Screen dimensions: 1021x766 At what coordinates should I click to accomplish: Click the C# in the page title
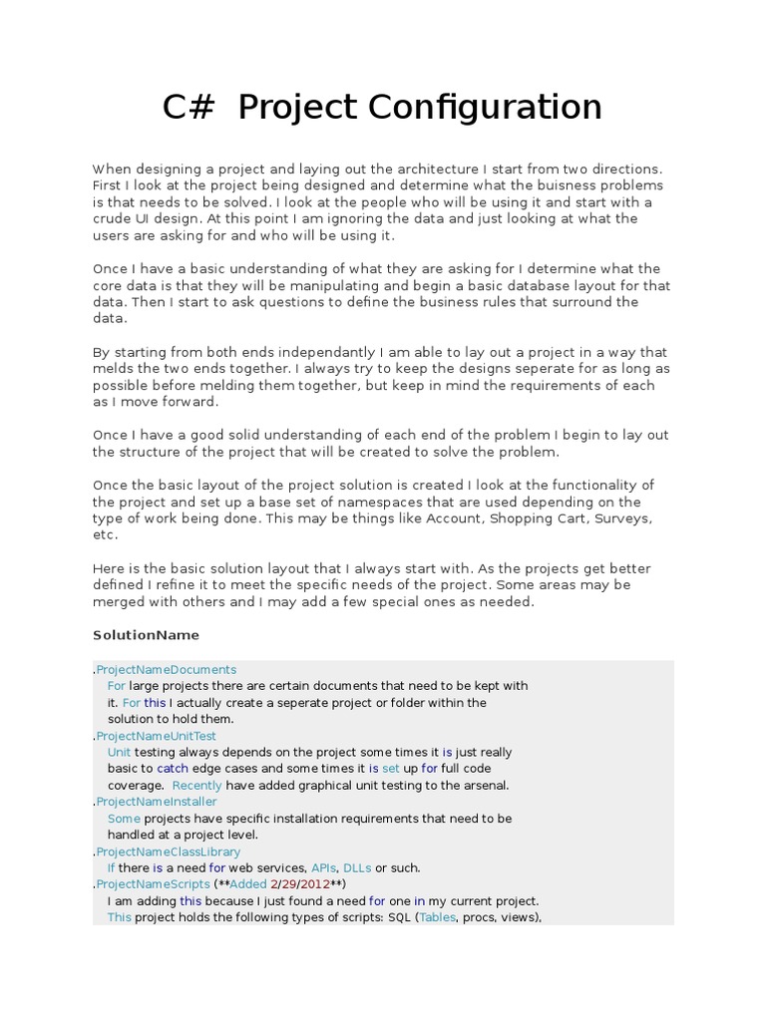[x=189, y=108]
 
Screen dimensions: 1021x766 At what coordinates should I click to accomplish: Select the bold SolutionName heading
[x=146, y=635]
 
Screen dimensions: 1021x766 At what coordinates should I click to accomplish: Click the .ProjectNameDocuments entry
[x=166, y=669]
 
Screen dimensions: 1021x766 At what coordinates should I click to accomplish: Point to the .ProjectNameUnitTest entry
[x=156, y=736]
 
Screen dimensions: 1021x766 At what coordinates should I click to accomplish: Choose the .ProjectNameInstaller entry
[x=156, y=802]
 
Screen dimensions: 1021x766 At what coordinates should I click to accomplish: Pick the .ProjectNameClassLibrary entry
[x=168, y=851]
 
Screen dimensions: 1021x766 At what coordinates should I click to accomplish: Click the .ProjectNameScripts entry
[x=153, y=884]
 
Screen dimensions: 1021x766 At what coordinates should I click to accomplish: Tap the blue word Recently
[x=197, y=786]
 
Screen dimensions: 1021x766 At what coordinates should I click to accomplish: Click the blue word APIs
[x=324, y=868]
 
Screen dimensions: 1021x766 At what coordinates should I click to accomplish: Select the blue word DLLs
[x=357, y=868]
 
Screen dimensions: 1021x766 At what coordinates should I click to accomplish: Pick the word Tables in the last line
[x=437, y=918]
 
